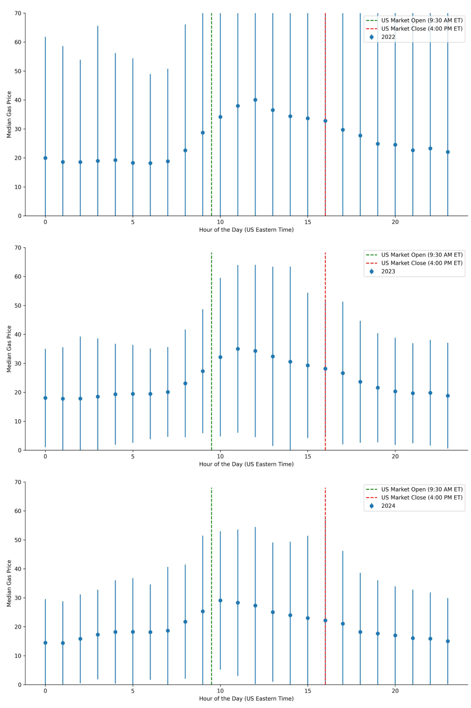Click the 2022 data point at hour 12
pos(255,100)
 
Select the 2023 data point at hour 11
pos(238,349)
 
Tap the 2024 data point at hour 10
pos(220,600)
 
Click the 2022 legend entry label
pos(388,37)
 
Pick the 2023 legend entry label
pos(388,271)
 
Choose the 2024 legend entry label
pos(388,506)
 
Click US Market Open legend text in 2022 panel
pos(422,20)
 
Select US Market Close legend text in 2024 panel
pos(422,497)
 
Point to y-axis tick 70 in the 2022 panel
pos(18,13)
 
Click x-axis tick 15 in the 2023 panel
pos(308,457)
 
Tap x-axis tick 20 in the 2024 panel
pos(395,691)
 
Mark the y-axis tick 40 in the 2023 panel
pos(18,335)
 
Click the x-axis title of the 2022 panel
pos(246,230)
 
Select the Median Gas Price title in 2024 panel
pos(9,583)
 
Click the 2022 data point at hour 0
pos(45,158)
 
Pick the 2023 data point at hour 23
pos(448,396)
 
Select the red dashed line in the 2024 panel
pos(325,556)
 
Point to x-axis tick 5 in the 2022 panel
pos(133,222)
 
